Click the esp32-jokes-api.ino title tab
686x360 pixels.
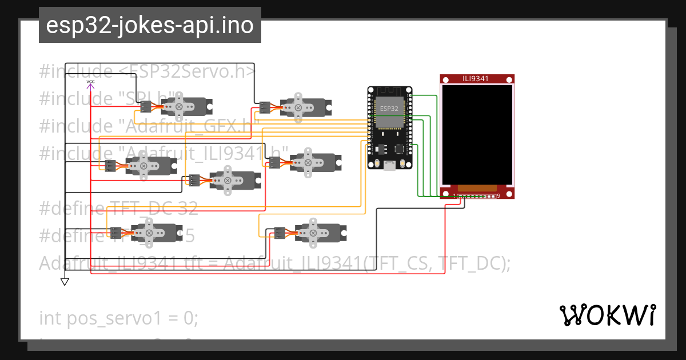pos(150,25)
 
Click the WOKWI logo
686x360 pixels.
pos(607,315)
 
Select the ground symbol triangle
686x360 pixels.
pos(65,281)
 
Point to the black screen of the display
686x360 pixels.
pos(477,134)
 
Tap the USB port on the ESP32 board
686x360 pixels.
pos(389,166)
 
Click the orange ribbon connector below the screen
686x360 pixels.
pos(477,188)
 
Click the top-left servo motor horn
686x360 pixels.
pos(179,106)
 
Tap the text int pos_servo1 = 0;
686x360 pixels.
pos(118,318)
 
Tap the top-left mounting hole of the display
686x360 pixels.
pos(444,79)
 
